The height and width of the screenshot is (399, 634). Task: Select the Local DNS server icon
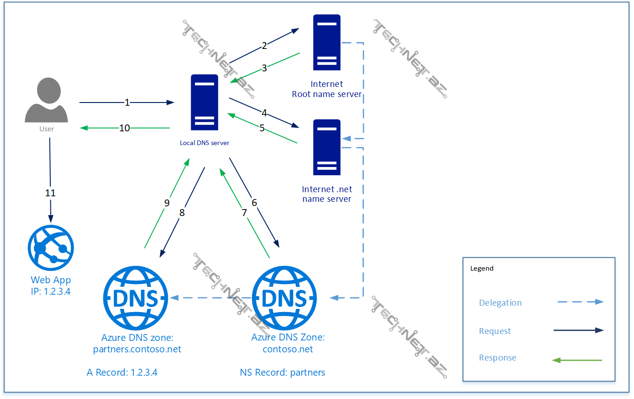(x=204, y=102)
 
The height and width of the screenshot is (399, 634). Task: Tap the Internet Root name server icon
(x=327, y=42)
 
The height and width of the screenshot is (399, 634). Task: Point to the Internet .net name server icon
(x=327, y=147)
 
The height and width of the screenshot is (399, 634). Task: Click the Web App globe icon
(x=51, y=248)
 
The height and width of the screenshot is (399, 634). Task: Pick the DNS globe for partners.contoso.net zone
(x=136, y=298)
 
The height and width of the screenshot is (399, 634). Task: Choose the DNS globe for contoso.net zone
(x=284, y=298)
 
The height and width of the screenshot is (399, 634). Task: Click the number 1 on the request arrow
(x=127, y=102)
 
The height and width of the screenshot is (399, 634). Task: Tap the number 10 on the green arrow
(x=124, y=128)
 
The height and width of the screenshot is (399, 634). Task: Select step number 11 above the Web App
(x=50, y=193)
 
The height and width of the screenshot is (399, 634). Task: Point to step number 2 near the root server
(x=264, y=46)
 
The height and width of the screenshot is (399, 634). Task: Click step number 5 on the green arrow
(x=262, y=128)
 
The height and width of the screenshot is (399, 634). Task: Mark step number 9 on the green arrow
(x=167, y=203)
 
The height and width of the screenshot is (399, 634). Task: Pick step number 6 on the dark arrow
(x=254, y=202)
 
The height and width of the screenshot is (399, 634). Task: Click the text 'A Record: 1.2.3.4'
(x=122, y=372)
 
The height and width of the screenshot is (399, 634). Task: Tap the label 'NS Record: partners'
(x=282, y=372)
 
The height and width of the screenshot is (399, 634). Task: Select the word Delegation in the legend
(x=500, y=303)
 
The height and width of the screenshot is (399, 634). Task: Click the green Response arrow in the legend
(x=577, y=361)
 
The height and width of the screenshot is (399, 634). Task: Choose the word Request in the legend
(x=494, y=331)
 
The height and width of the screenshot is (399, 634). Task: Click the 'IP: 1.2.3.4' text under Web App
(x=51, y=291)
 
